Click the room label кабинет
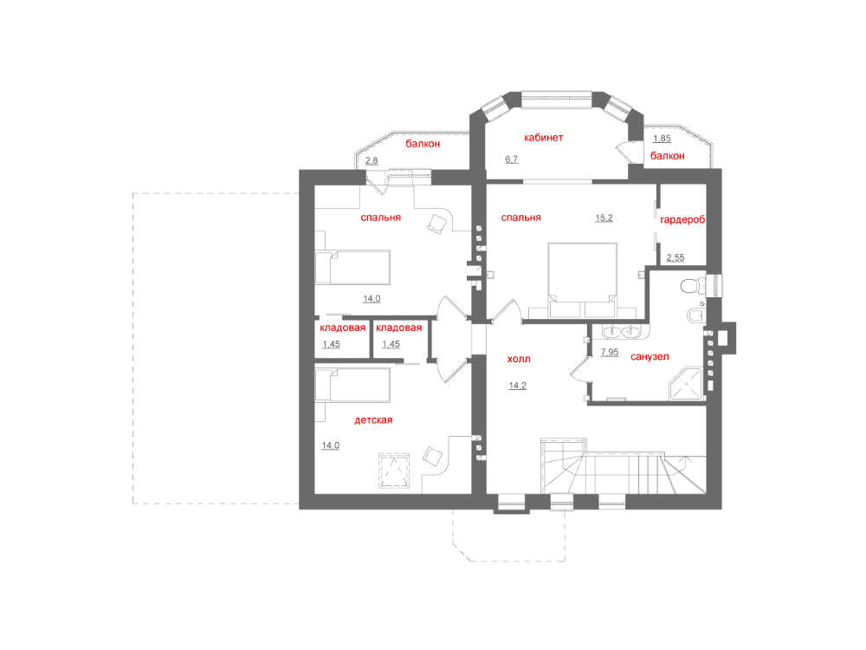(x=544, y=138)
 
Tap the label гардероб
(x=682, y=220)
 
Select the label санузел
(x=649, y=357)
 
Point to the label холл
(x=519, y=360)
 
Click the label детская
(x=373, y=420)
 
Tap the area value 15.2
(x=604, y=218)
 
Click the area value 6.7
(x=512, y=159)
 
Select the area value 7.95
(x=610, y=352)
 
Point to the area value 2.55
(x=675, y=257)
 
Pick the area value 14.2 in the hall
(x=518, y=386)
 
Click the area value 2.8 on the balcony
(x=372, y=161)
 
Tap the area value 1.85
(x=662, y=139)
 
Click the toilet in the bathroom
(x=694, y=286)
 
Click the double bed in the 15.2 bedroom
(x=583, y=280)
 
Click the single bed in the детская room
(x=352, y=385)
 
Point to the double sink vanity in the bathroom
(x=621, y=332)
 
